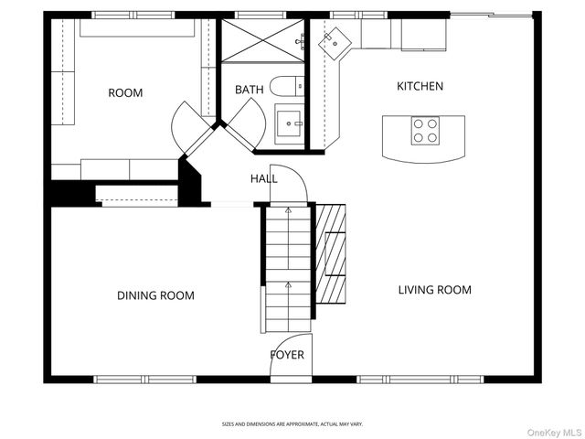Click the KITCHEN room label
point(420,87)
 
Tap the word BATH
point(249,90)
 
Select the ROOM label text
point(125,92)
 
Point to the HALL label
point(264,179)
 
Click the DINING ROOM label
point(155,295)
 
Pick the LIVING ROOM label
point(434,290)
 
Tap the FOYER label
point(287,355)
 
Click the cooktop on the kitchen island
point(424,130)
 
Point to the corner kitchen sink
point(336,40)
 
